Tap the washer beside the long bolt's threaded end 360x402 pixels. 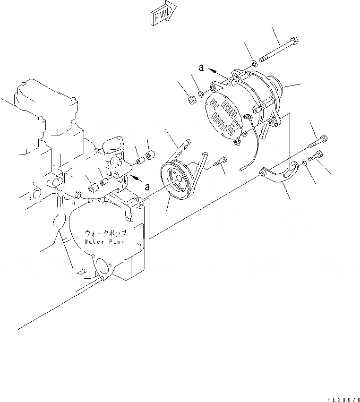[254, 62]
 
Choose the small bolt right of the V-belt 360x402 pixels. [219, 162]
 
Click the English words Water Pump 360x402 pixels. [105, 241]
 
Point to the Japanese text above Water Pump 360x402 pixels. [105, 233]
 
